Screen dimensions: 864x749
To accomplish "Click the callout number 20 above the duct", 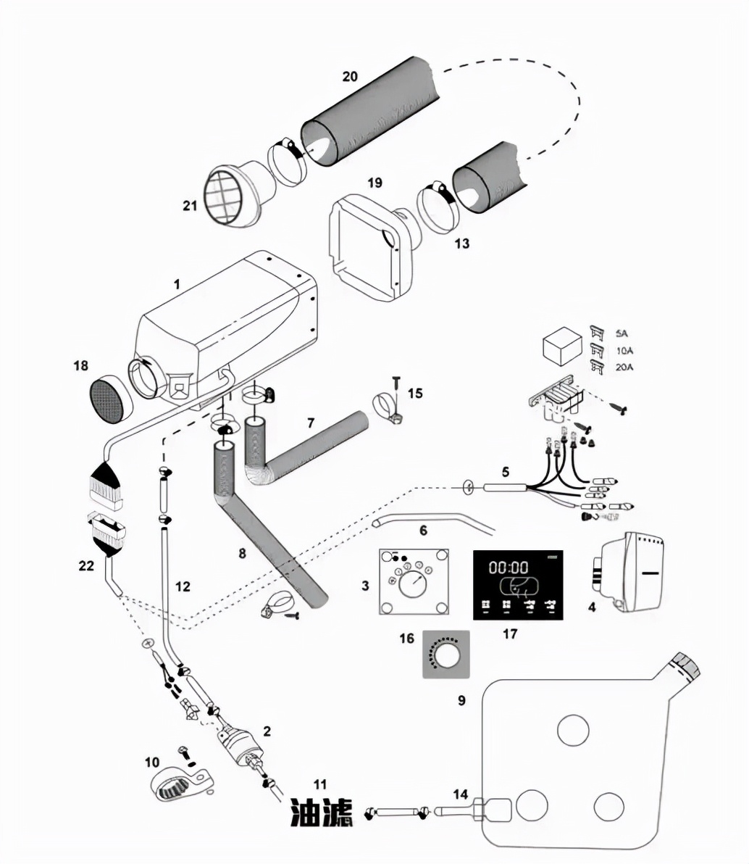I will pyautogui.click(x=349, y=75).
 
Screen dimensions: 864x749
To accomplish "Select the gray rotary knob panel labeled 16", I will pyautogui.click(x=445, y=654).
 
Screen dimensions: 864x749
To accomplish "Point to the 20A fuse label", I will pyautogui.click(x=624, y=367).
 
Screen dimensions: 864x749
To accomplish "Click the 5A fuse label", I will pyautogui.click(x=622, y=334).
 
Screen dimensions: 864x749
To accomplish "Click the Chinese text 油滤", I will pyautogui.click(x=321, y=813).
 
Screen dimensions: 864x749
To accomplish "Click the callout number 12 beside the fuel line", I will pyautogui.click(x=183, y=586).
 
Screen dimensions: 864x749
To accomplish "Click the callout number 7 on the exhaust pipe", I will pyautogui.click(x=311, y=423).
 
